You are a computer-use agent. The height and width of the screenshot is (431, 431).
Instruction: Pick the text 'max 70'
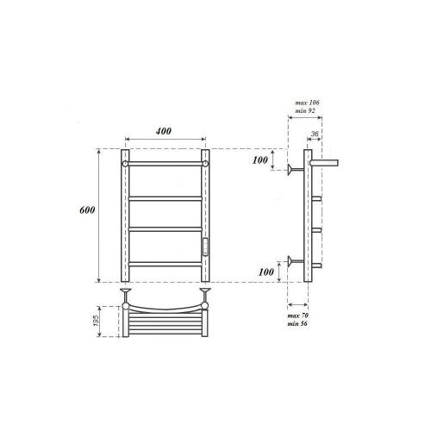(x=298, y=318)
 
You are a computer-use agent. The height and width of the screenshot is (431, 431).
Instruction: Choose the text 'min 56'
(x=298, y=327)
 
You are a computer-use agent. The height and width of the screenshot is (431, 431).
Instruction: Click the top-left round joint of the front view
(x=126, y=162)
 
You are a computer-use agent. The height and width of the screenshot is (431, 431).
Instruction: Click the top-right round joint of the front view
(x=206, y=162)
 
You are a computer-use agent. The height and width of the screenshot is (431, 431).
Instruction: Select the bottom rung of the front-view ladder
(x=166, y=262)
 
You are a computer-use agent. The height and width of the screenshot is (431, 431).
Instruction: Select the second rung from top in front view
(x=166, y=198)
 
